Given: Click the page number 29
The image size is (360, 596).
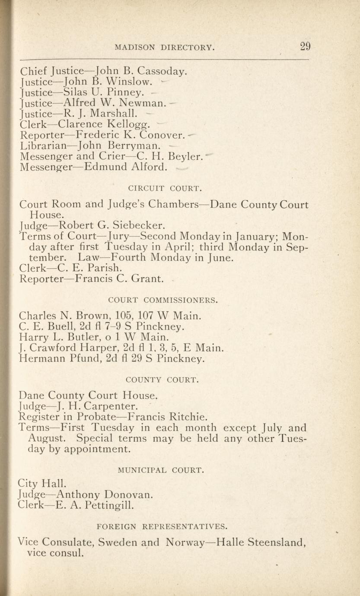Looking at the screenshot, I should (x=305, y=46).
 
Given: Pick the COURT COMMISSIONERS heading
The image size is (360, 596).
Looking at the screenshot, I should (x=163, y=300).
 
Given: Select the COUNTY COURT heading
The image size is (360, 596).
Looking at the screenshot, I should (x=162, y=380).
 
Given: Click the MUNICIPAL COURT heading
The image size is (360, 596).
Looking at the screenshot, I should (x=161, y=470).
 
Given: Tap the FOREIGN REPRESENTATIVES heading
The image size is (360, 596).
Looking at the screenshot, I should (x=162, y=526).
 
